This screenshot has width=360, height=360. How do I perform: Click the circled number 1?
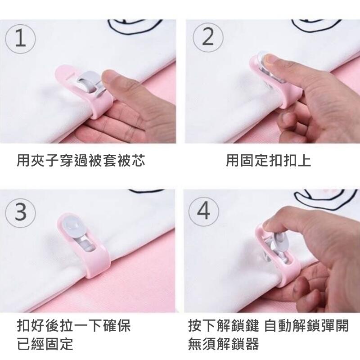pyautogui.click(x=20, y=39)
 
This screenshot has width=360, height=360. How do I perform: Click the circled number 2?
pyautogui.click(x=208, y=38)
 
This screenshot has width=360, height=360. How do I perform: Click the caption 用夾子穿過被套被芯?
pyautogui.click(x=81, y=160)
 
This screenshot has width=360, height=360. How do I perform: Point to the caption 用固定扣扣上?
pyautogui.click(x=268, y=160)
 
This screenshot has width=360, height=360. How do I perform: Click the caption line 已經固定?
pyautogui.click(x=45, y=344)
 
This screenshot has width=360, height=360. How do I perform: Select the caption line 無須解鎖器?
pyautogui.click(x=223, y=344)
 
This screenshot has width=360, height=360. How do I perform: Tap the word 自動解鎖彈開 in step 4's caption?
pyautogui.click(x=306, y=325)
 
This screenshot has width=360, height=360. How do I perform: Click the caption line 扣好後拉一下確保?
pyautogui.click(x=74, y=325)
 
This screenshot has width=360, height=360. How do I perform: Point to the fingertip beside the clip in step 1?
pyautogui.click(x=112, y=79)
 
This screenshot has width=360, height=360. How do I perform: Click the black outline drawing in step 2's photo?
pyautogui.click(x=316, y=25)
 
